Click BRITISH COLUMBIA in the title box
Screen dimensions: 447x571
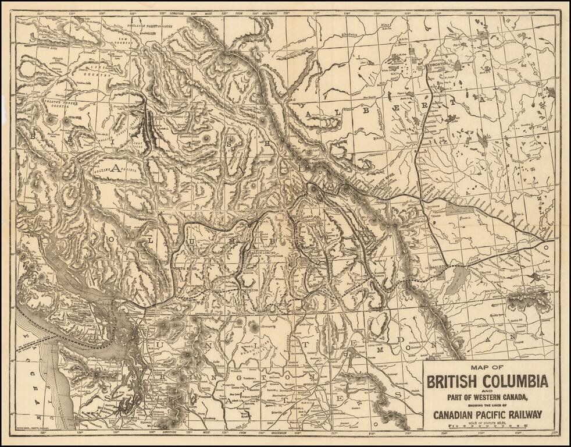pyautogui.click(x=487, y=382)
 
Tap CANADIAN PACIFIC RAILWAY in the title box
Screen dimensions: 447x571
pyautogui.click(x=487, y=414)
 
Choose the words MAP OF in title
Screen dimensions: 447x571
pyautogui.click(x=487, y=368)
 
